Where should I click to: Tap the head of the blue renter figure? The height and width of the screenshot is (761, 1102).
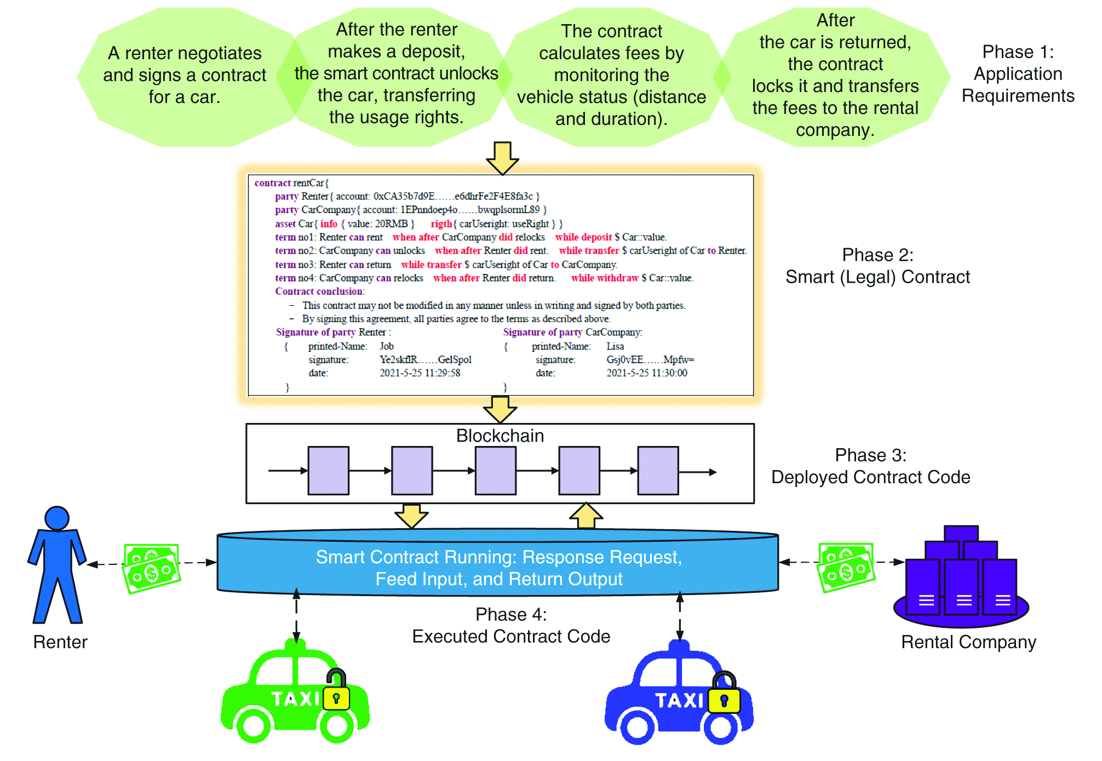click(57, 518)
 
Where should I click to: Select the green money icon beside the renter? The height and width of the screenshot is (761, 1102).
click(152, 569)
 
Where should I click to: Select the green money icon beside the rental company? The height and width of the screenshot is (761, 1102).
click(846, 568)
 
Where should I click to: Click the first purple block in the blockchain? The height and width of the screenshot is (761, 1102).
click(328, 471)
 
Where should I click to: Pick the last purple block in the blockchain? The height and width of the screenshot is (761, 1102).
click(658, 471)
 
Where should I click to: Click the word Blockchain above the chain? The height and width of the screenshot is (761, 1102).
click(500, 436)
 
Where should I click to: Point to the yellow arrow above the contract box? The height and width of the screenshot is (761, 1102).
click(502, 158)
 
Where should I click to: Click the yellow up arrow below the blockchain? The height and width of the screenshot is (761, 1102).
click(586, 516)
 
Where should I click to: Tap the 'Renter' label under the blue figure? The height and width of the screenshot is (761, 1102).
click(60, 642)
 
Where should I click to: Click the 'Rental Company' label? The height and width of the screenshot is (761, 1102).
click(968, 642)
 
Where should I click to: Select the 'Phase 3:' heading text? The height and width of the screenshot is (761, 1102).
click(870, 455)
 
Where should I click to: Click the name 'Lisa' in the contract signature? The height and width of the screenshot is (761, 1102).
click(615, 346)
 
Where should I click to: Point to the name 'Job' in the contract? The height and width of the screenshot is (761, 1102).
click(387, 346)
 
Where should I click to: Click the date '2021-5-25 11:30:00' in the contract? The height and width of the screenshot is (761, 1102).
click(647, 373)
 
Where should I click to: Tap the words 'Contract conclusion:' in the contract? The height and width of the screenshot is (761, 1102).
click(320, 291)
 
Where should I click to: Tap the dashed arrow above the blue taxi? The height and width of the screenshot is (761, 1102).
click(680, 617)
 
